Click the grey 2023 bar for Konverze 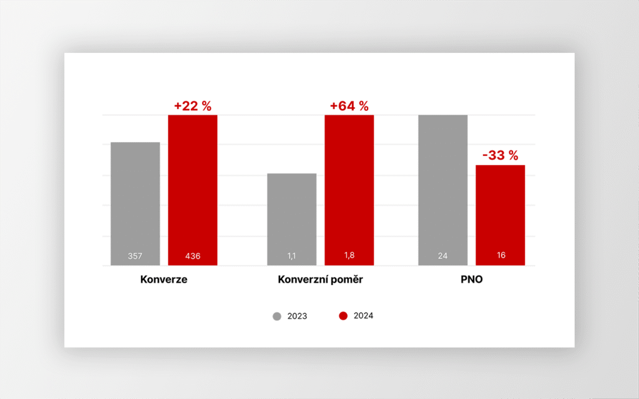(x=135, y=199)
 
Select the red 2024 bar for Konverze (x=193, y=187)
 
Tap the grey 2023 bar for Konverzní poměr (x=291, y=215)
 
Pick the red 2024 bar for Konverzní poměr (x=349, y=187)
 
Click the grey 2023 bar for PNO (x=442, y=187)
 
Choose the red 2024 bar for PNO (x=500, y=212)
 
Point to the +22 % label (x=193, y=106)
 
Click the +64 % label (x=349, y=106)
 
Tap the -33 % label (x=499, y=156)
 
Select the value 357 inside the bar (x=135, y=256)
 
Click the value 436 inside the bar (x=193, y=256)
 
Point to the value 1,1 (x=291, y=256)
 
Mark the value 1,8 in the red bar (x=349, y=256)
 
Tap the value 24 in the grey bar (x=442, y=256)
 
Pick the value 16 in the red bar (x=500, y=256)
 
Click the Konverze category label (x=163, y=280)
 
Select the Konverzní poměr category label (x=320, y=280)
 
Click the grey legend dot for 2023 (x=277, y=316)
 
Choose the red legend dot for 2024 (x=343, y=316)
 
